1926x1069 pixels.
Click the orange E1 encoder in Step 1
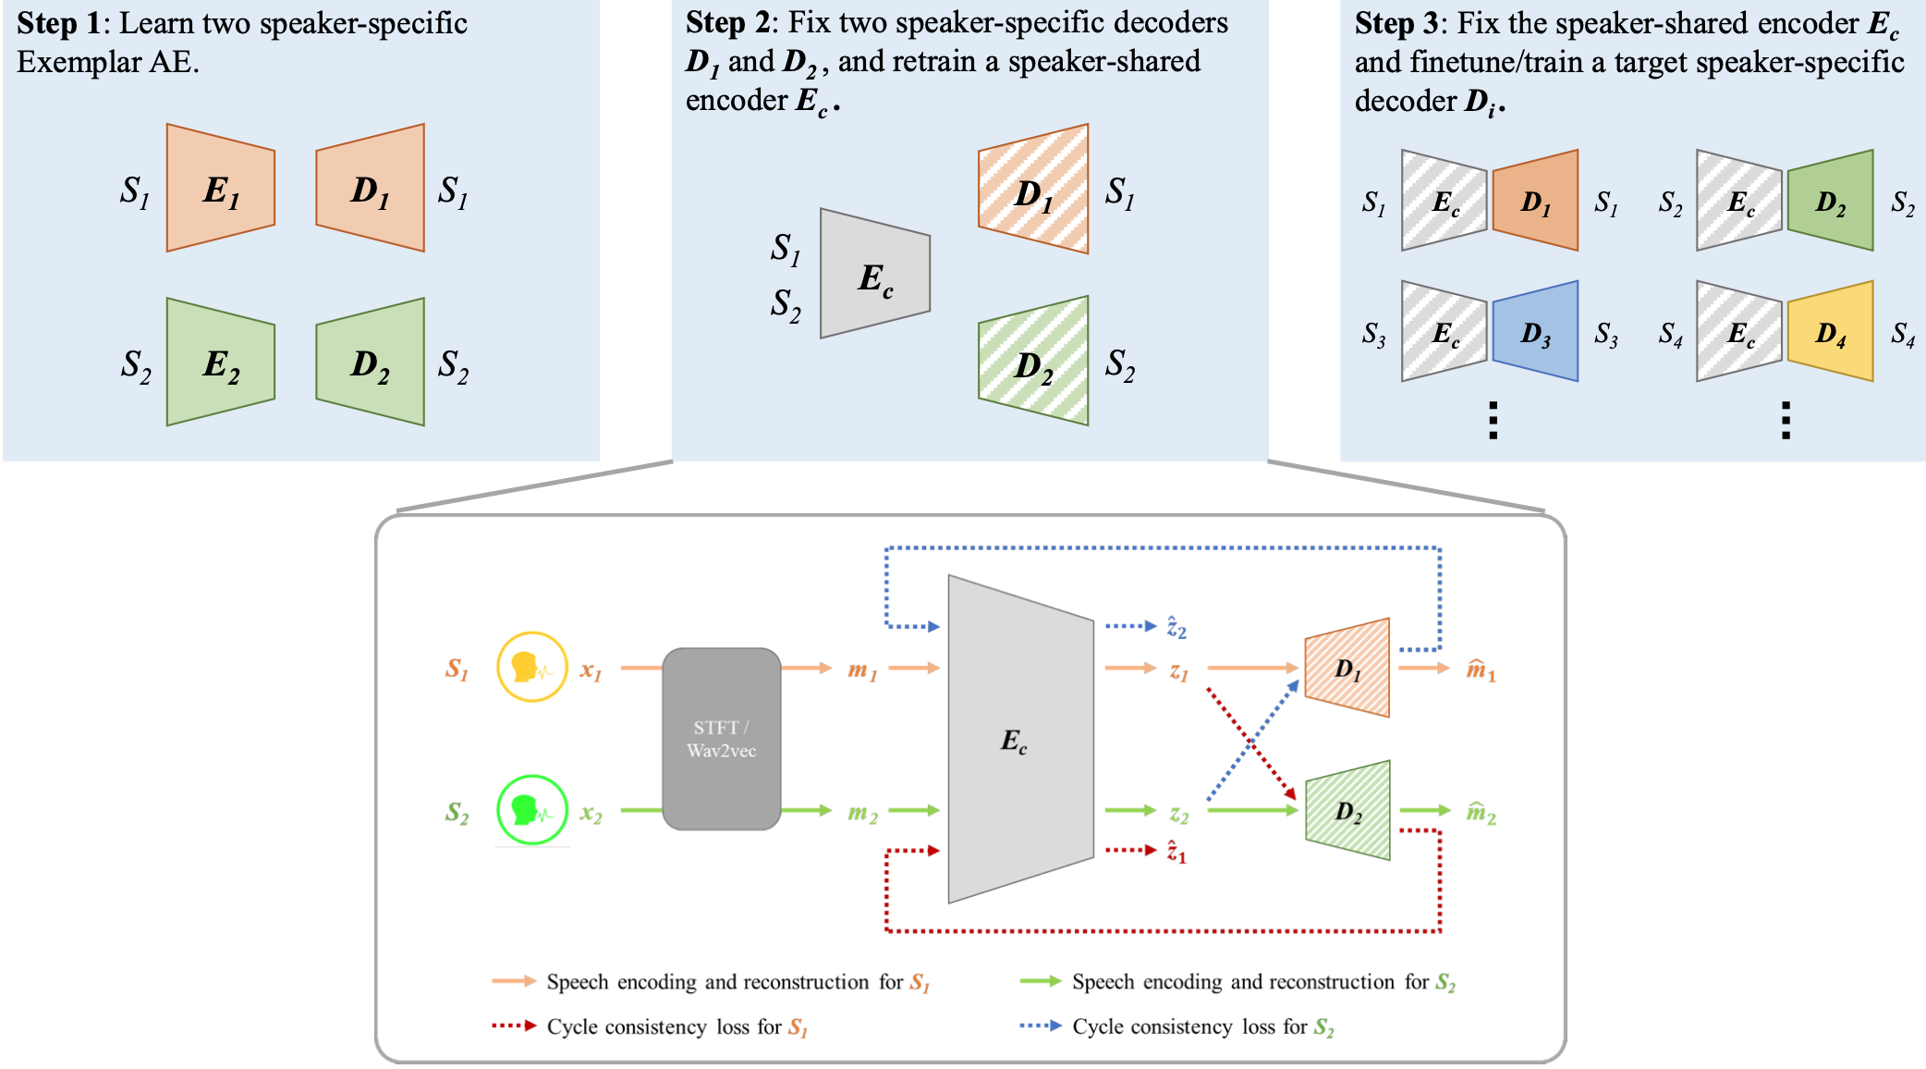click(x=221, y=188)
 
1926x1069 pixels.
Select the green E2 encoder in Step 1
click(x=221, y=362)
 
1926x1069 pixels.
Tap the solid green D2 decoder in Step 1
click(x=371, y=362)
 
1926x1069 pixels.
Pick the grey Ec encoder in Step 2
click(x=875, y=274)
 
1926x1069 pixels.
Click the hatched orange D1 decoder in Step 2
click(x=1033, y=190)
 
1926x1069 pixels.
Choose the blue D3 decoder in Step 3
click(x=1535, y=331)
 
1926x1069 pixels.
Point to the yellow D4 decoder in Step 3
click(x=1830, y=331)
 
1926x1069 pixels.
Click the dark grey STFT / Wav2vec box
click(x=722, y=739)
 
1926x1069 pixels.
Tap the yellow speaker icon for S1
click(x=531, y=667)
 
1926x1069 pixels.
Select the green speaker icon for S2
click(x=531, y=810)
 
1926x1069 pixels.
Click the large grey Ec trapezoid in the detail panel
click(x=1020, y=739)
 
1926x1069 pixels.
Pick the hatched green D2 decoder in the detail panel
click(x=1347, y=811)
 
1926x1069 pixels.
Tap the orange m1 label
click(x=862, y=670)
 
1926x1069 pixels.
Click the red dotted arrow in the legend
click(x=514, y=1026)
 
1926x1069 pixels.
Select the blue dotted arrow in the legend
click(x=1040, y=1026)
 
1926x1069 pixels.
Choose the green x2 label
click(x=591, y=814)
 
